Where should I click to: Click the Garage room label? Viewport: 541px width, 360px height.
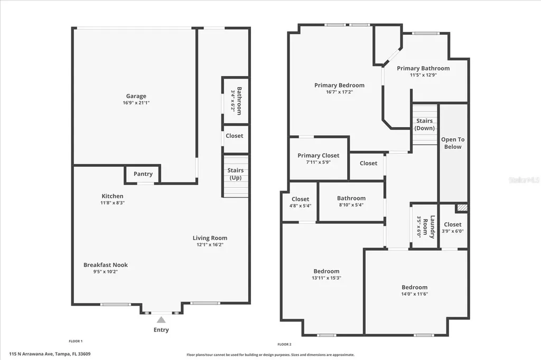(x=136, y=96)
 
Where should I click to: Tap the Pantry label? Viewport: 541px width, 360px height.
(x=143, y=174)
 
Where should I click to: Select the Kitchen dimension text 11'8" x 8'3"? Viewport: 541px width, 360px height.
(x=113, y=203)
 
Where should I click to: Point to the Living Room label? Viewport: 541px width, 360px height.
(x=210, y=238)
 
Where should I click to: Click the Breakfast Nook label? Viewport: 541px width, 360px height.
(x=106, y=265)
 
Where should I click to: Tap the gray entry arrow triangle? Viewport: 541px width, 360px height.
(x=161, y=320)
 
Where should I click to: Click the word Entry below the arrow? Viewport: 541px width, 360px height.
(x=161, y=330)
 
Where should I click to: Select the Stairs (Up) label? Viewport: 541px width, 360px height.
(x=235, y=174)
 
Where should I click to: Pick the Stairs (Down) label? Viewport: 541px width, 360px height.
(x=424, y=125)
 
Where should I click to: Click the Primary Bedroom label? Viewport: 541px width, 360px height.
(x=339, y=85)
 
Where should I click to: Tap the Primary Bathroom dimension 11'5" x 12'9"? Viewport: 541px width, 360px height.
(x=423, y=75)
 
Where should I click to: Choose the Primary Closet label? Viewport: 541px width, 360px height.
(x=319, y=156)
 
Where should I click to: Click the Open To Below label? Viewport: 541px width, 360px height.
(x=453, y=143)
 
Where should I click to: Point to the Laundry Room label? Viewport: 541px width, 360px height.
(x=429, y=227)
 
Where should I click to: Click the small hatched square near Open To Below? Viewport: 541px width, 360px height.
(x=462, y=208)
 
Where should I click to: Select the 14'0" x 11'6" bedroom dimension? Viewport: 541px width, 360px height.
(x=414, y=294)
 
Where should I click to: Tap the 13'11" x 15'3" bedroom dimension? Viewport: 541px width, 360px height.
(x=327, y=278)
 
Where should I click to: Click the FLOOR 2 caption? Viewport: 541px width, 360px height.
(x=284, y=344)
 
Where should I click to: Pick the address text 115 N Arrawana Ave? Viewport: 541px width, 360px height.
(x=31, y=354)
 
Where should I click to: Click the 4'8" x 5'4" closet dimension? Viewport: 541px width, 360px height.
(x=300, y=206)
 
